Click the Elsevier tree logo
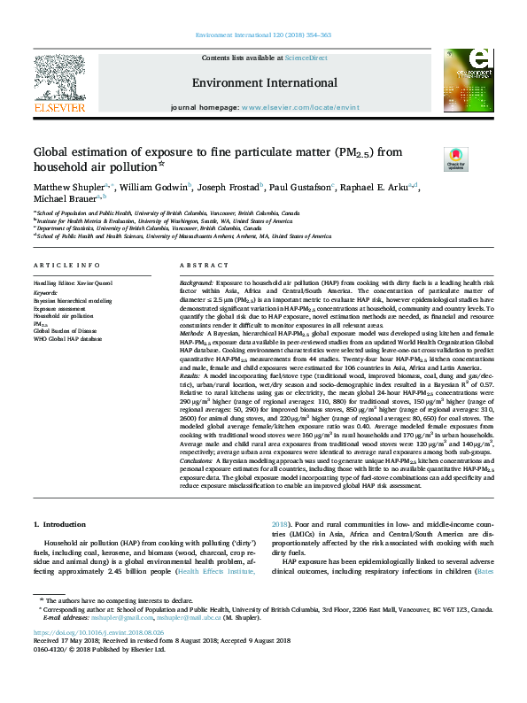click(59, 81)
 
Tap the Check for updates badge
click(455, 159)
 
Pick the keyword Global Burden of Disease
click(66, 331)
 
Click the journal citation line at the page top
click(264, 35)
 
